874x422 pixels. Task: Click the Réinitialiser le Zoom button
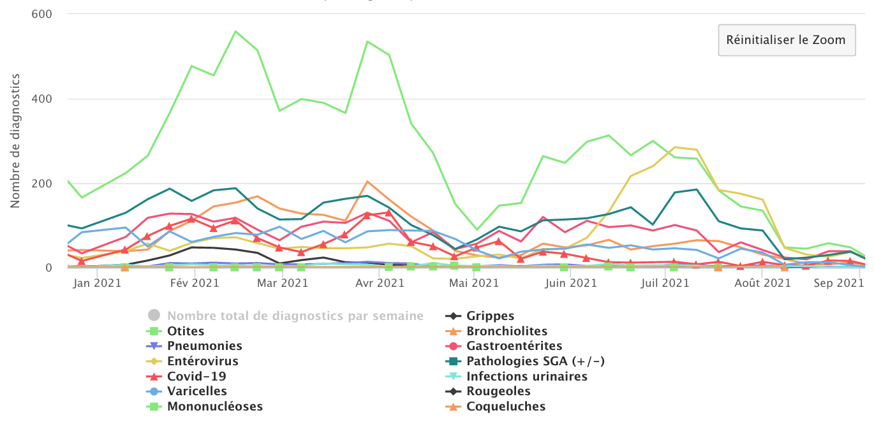(x=786, y=40)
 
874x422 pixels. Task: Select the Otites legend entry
(x=186, y=331)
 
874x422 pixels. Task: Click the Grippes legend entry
(x=490, y=316)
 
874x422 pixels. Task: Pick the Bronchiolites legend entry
(x=507, y=331)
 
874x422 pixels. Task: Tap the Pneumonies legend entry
(x=204, y=346)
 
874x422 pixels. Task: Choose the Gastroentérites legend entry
(x=514, y=346)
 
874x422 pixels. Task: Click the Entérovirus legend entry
(x=202, y=361)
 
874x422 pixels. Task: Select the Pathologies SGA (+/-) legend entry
(x=535, y=361)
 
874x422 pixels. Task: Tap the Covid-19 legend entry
(x=196, y=376)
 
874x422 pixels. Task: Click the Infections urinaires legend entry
(x=526, y=376)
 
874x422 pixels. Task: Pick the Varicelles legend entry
(x=196, y=391)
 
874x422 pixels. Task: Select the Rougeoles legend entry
(x=498, y=391)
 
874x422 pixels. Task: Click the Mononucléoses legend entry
(x=214, y=407)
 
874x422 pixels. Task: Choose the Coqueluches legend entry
(x=506, y=407)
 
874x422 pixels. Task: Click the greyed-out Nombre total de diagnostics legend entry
(x=295, y=316)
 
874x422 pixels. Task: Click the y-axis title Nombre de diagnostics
(x=15, y=141)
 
